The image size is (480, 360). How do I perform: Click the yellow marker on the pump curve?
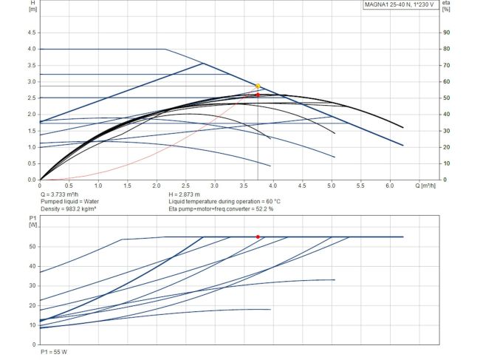point(258,86)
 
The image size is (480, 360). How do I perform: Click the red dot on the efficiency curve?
point(258,95)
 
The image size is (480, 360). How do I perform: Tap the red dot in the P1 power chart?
point(258,237)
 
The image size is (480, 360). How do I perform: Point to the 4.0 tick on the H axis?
point(31,49)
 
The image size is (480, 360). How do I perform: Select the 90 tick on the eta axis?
point(446,33)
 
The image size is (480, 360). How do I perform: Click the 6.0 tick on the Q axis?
point(390,185)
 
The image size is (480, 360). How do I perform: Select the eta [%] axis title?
point(446,6)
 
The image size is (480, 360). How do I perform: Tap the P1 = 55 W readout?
point(53,353)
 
